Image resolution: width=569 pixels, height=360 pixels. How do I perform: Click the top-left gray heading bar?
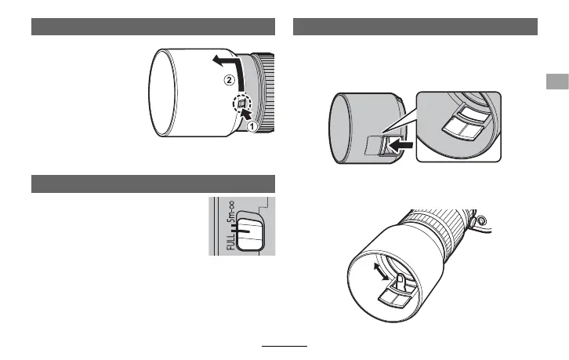tap(154, 27)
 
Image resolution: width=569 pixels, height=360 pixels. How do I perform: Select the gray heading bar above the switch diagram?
tap(154, 184)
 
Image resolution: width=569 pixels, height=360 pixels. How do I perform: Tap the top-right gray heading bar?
tap(415, 27)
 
